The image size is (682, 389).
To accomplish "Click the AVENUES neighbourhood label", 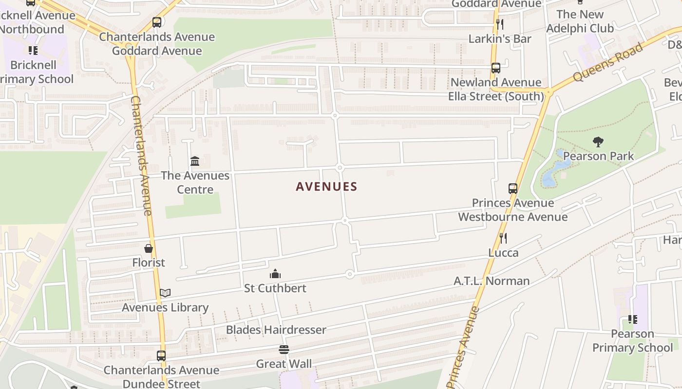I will point(326,186).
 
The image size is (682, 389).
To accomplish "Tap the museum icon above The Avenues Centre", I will point(195,161).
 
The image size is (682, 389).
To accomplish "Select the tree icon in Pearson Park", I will point(598,142).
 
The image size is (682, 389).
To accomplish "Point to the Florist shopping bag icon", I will point(149,248).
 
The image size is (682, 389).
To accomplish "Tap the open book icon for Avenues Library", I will point(165,293).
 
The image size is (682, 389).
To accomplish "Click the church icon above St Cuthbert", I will point(275,274).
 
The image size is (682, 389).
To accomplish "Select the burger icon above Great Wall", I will point(284,349).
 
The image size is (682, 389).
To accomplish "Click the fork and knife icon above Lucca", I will point(503,238).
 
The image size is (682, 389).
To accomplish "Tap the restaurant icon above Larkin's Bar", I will point(499,24).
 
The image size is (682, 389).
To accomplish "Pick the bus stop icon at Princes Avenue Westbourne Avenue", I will point(512,189).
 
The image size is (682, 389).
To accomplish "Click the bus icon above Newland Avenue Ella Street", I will point(495,68).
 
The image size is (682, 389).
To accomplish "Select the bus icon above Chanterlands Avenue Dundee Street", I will point(161,355).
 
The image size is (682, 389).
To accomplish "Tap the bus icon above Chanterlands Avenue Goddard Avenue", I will point(156,22).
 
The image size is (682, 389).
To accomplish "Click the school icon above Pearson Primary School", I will point(632,319).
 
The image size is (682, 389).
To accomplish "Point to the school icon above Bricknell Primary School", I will point(33,51).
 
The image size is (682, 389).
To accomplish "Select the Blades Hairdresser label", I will point(276,330).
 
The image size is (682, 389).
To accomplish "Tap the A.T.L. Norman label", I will point(492,281).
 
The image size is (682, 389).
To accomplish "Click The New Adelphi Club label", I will point(580,21).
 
